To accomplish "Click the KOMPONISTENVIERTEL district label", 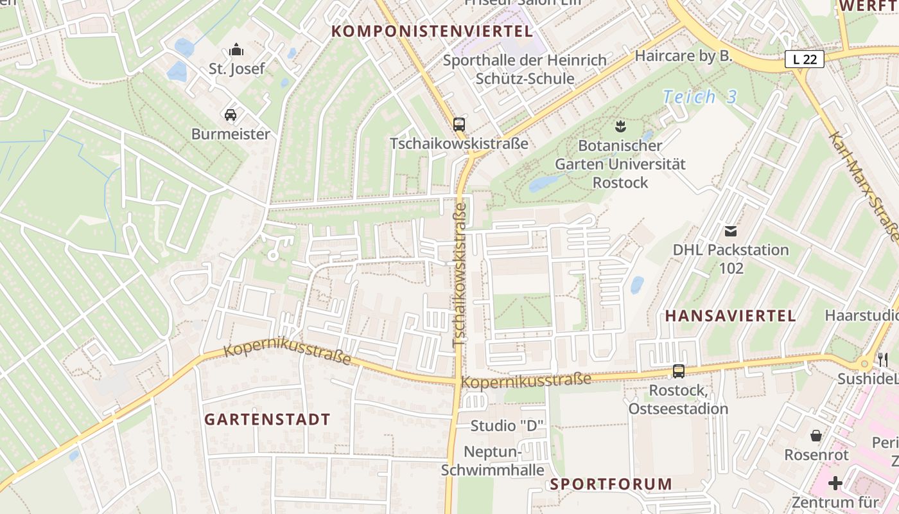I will pos(432,31).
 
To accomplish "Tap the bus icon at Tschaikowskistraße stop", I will pos(458,124).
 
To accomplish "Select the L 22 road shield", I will pos(805,60).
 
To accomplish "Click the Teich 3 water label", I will pos(699,97).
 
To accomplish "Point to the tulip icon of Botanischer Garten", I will pos(620,124).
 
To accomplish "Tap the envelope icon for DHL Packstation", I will pos(731,231).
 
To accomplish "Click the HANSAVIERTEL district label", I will pos(730,315).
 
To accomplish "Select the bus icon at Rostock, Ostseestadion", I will pos(679,371).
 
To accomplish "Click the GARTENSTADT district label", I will pos(267,420).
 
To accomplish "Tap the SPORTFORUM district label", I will pos(611,484).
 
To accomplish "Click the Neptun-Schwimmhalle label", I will pos(493,461).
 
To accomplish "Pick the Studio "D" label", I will pos(507,425).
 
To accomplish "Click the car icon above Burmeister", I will pos(231,115).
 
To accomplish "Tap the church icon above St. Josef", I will pos(236,49).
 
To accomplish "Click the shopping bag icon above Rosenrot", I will pos(816,436).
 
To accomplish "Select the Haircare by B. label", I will pos(683,56).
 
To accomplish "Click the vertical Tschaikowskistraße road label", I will pos(459,276).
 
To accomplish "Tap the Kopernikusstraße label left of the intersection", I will pos(287,353).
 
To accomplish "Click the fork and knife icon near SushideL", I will pos(884,359).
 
